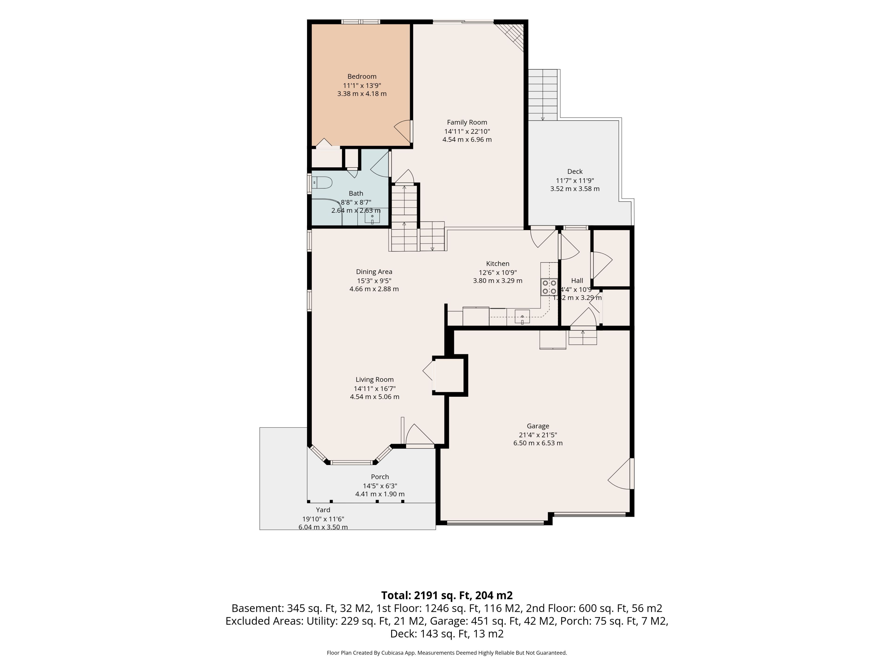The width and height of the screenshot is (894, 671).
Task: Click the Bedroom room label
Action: coord(362,76)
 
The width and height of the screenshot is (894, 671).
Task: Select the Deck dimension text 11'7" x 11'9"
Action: coord(575,180)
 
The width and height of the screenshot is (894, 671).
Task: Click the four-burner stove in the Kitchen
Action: coord(549,287)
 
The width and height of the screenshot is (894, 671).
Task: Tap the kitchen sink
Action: coord(522,317)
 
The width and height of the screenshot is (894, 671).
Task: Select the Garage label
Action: coord(538,426)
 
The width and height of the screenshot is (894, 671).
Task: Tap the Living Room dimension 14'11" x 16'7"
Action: coord(375,388)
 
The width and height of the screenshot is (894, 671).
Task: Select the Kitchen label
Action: coord(498,264)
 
